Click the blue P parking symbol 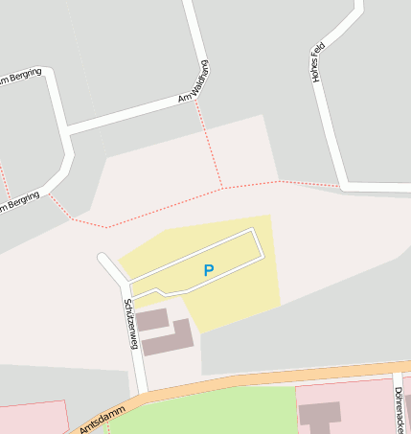pyautogui.click(x=209, y=271)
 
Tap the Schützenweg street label pyautogui.click(x=130, y=324)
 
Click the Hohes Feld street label pyautogui.click(x=318, y=62)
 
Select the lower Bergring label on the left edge pyautogui.click(x=19, y=201)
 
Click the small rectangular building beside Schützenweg pyautogui.click(x=152, y=320)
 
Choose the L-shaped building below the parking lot pyautogui.click(x=176, y=337)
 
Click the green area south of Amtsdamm pyautogui.click(x=211, y=412)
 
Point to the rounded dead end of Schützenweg pyautogui.click(x=103, y=258)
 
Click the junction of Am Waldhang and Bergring pyautogui.click(x=66, y=128)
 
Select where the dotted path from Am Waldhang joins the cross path pyautogui.click(x=222, y=187)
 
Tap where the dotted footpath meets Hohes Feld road pyautogui.click(x=340, y=186)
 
